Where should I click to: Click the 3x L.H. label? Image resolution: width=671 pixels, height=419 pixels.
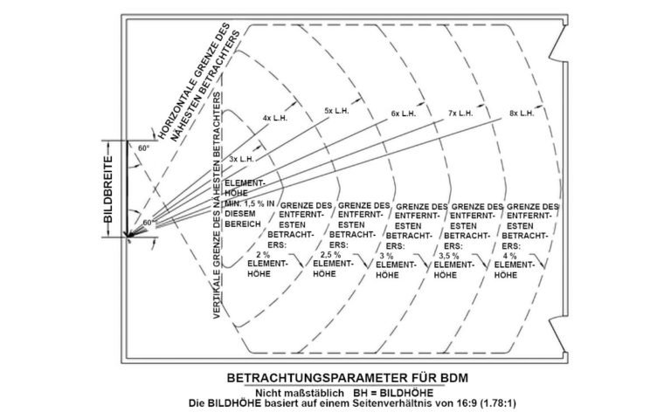241,160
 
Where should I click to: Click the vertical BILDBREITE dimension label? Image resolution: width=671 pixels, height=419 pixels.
109,186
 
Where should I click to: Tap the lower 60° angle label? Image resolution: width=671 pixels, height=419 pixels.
148,223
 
